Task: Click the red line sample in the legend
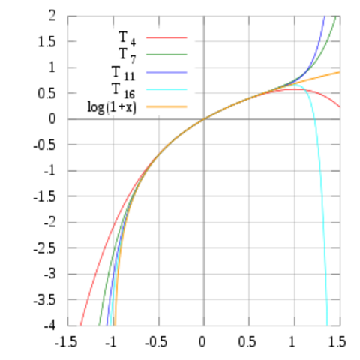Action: (x=166, y=37)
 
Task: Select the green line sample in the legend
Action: (x=166, y=54)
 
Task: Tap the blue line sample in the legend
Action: (x=166, y=71)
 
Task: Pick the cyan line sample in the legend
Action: (x=166, y=89)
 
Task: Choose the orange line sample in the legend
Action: (x=166, y=106)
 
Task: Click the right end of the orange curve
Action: (x=339, y=73)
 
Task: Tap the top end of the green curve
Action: (x=334, y=16)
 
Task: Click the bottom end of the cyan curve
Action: (x=328, y=325)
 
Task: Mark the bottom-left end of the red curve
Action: (x=79, y=325)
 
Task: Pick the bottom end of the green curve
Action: (x=99, y=325)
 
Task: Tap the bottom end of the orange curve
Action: (x=114, y=325)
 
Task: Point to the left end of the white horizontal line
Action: (x=68, y=117)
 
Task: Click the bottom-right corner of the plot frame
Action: (x=340, y=326)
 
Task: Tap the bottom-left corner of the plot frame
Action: (x=68, y=326)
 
